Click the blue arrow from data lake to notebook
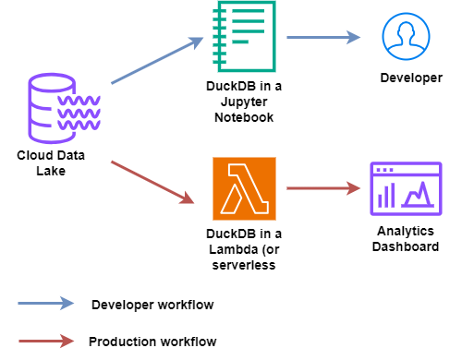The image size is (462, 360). pos(157,61)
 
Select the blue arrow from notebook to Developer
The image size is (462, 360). pos(323,38)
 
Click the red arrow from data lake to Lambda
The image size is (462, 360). pos(153,182)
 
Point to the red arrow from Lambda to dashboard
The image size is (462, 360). pos(323,188)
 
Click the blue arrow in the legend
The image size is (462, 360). pos(45,303)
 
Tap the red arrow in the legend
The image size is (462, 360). pos(45,341)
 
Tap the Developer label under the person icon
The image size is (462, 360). pos(411,78)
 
